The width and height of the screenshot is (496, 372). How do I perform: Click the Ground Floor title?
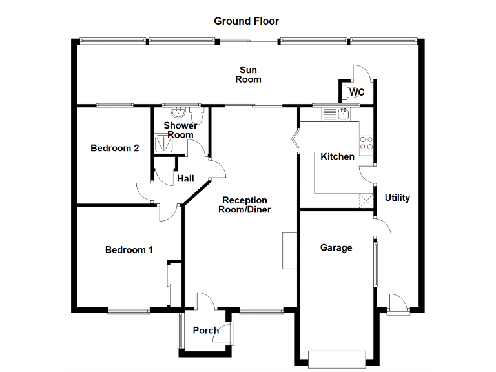click(247, 21)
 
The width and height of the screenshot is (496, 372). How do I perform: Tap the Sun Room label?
click(248, 74)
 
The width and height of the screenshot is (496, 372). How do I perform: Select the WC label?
click(356, 92)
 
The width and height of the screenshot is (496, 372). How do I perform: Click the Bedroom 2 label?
click(114, 148)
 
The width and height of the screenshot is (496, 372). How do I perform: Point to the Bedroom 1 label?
click(129, 249)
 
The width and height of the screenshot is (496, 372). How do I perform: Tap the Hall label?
click(186, 178)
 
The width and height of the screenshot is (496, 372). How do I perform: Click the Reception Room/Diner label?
click(244, 205)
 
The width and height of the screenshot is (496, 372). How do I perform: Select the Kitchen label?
click(337, 156)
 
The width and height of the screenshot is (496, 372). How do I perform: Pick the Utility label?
click(397, 198)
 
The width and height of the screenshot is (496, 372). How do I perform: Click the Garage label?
click(336, 247)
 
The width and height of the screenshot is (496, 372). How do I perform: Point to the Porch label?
click(205, 330)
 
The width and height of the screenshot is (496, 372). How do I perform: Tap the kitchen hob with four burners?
click(367, 143)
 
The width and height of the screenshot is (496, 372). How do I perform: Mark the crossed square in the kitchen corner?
click(367, 201)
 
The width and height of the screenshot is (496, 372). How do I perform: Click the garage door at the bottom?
click(337, 358)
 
